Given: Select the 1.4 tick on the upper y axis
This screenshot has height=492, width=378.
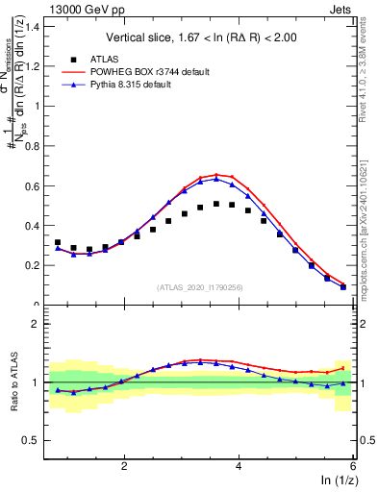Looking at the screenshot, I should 36,26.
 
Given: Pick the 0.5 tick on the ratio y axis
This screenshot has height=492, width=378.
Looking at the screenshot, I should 36,441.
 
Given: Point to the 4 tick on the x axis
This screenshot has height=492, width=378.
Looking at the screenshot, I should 239,465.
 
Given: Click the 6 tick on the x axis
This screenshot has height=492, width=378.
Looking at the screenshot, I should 352,465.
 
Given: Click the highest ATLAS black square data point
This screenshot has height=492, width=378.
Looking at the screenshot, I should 216,204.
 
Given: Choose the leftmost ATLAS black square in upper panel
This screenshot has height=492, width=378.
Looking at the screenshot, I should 58,242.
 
